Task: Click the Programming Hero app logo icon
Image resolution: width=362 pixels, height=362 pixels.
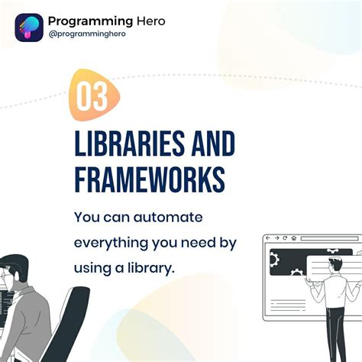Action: coord(29,27)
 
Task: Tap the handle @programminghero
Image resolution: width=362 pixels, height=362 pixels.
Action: coord(87,34)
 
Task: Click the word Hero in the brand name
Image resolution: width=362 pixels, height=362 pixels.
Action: coord(151,21)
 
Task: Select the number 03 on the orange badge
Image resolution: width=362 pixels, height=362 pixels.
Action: coord(92,97)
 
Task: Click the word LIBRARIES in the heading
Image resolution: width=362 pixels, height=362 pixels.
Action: coord(130,144)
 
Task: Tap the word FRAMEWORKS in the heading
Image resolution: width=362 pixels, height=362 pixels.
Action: coord(150,179)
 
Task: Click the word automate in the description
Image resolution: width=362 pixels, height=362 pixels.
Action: coord(168,218)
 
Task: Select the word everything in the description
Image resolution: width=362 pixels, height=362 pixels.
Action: coord(111,244)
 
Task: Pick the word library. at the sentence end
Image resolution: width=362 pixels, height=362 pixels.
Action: coord(151,268)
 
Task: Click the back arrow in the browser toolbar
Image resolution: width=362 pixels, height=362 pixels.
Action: coord(268,238)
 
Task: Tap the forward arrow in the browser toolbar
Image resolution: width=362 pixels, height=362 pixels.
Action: coord(276,238)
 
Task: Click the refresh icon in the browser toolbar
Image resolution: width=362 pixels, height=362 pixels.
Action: coord(285,238)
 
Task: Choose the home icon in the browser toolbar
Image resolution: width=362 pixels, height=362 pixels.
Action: coord(294,238)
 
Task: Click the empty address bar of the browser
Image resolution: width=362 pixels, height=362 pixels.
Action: coord(330,238)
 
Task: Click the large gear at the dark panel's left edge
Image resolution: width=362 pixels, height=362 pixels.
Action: coord(274,260)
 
